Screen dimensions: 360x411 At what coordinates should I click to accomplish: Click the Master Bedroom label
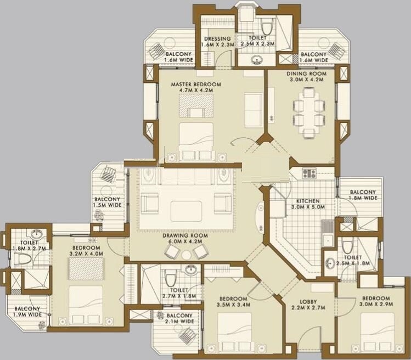point(195,88)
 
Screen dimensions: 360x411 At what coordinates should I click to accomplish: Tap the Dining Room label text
point(306,76)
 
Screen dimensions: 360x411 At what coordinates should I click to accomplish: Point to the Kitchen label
point(308,204)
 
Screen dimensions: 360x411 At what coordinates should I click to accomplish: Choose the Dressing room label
point(217,42)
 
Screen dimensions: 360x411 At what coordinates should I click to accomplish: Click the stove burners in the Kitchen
point(309,174)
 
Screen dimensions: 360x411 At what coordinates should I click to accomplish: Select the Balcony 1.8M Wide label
point(363,195)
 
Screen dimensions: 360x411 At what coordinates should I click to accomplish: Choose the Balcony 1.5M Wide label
point(107,202)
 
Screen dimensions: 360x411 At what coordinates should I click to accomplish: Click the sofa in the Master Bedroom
point(253,110)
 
